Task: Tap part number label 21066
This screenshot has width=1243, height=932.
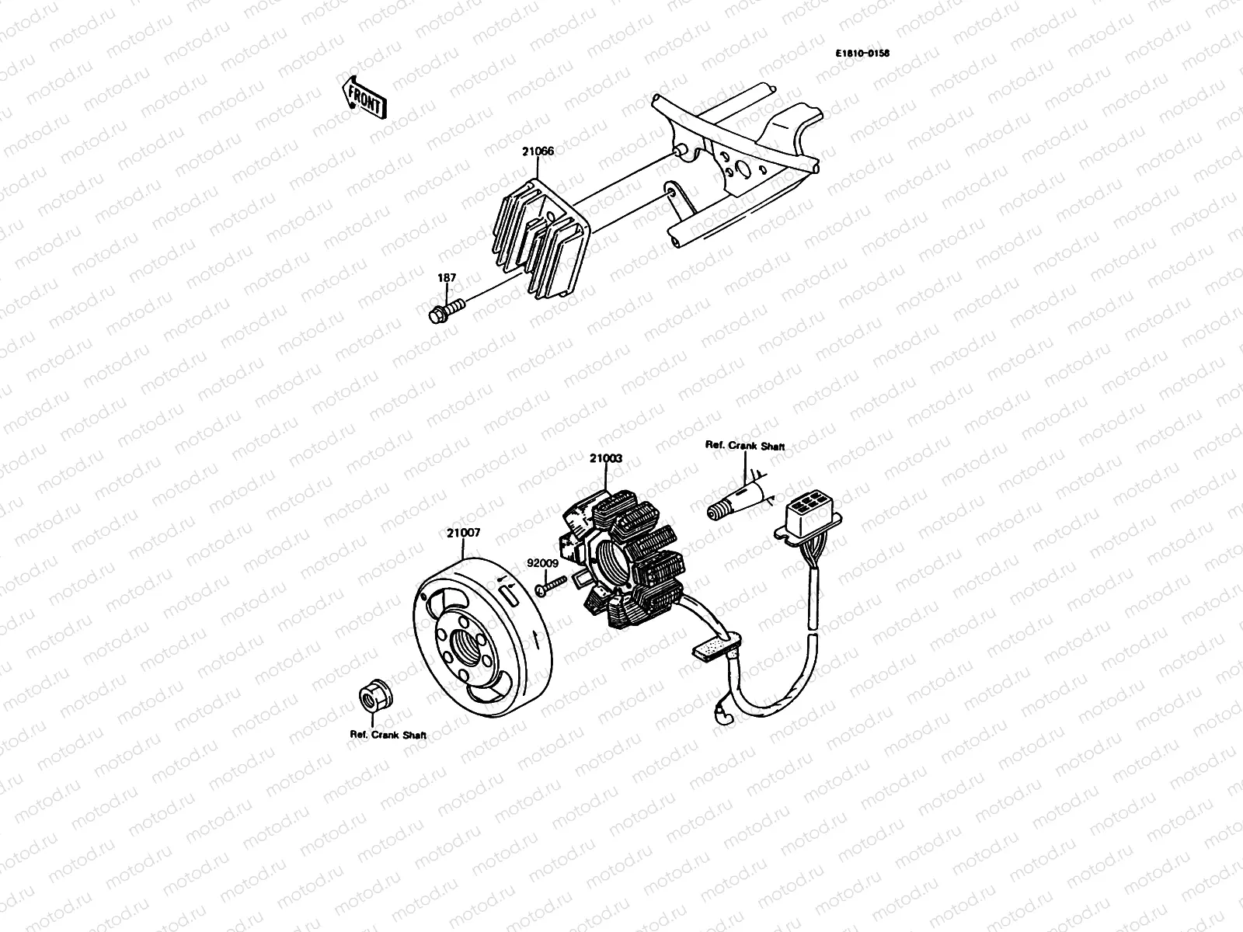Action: tap(538, 151)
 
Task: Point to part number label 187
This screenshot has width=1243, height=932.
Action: tap(447, 278)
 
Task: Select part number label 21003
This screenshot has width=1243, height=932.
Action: tap(605, 459)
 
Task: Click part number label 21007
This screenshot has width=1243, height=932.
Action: tap(463, 534)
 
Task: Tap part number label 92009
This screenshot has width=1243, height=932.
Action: tap(542, 563)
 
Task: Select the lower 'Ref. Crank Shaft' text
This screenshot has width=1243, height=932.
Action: tap(388, 735)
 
